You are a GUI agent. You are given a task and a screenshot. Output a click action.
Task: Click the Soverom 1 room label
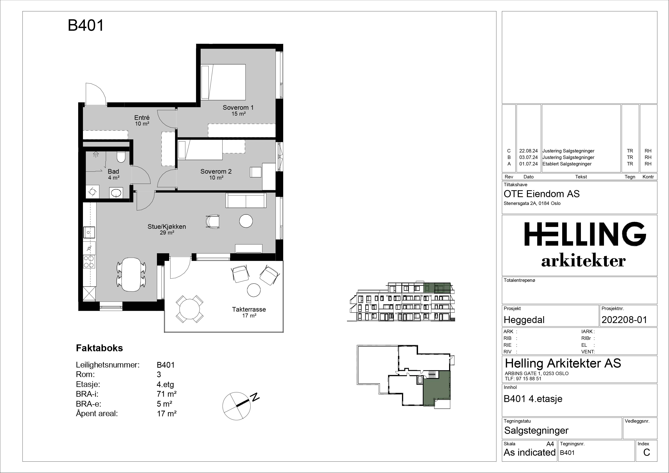point(238,108)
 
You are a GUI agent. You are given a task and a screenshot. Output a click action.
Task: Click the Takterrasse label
point(249,309)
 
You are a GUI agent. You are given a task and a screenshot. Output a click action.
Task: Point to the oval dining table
point(131,274)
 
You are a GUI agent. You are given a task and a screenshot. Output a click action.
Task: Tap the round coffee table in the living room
point(246,221)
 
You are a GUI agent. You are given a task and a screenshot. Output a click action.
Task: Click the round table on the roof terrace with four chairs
point(190,309)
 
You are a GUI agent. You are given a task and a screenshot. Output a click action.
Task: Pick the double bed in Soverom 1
point(223,82)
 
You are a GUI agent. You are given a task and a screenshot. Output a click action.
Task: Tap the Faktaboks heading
point(99,348)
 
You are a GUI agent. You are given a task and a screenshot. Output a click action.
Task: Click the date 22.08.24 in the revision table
point(528,151)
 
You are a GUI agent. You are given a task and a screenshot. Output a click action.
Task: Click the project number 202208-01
point(624,320)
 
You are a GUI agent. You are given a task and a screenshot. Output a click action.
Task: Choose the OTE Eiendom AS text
point(542,194)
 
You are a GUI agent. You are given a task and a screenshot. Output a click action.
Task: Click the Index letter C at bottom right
point(646,452)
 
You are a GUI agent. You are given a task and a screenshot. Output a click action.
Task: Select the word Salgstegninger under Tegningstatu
point(536,430)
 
